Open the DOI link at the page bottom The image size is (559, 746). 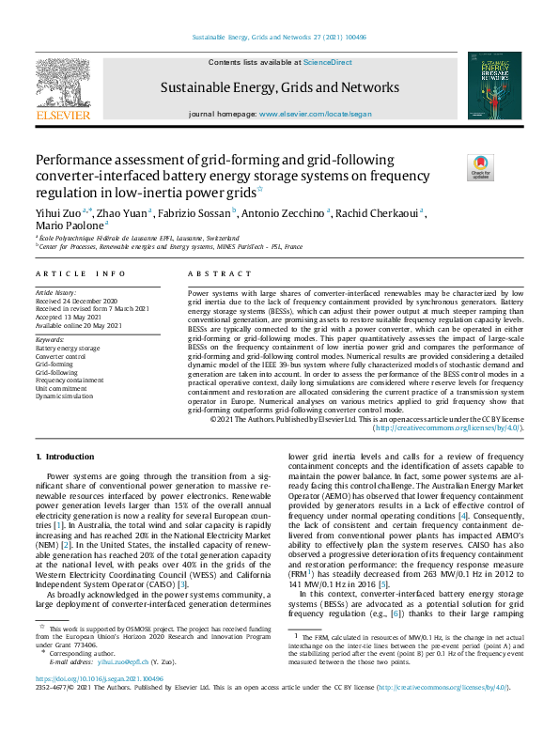[98, 677]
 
